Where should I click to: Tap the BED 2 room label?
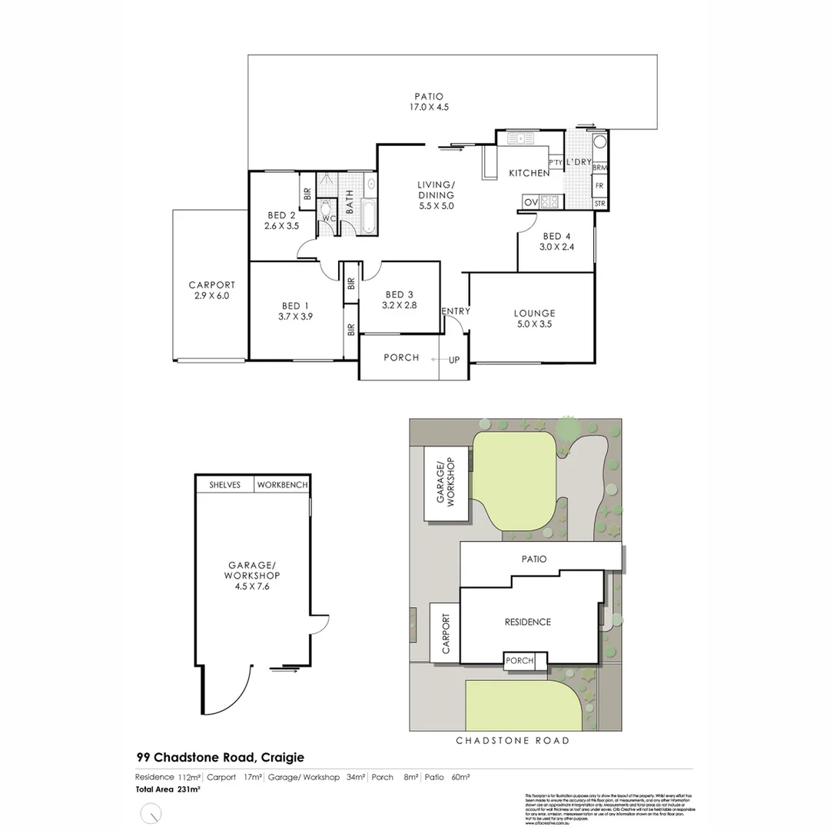tap(281, 215)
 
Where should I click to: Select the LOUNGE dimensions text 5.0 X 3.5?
tap(534, 324)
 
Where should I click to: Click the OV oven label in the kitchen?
tap(530, 202)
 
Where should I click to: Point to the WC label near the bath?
tap(328, 219)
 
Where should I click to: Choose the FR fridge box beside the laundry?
tap(599, 186)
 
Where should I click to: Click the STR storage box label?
tap(599, 204)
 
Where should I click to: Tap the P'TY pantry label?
tap(555, 162)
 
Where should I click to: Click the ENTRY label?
tap(455, 311)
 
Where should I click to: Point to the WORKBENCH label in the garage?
tap(282, 485)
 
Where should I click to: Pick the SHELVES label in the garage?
tap(225, 485)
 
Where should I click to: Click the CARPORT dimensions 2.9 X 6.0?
tap(211, 296)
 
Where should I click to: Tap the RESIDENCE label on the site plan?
tap(527, 622)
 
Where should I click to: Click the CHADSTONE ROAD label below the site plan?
tap(513, 741)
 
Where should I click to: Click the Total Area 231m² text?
tap(168, 789)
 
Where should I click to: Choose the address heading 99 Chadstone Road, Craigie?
tap(214, 757)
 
